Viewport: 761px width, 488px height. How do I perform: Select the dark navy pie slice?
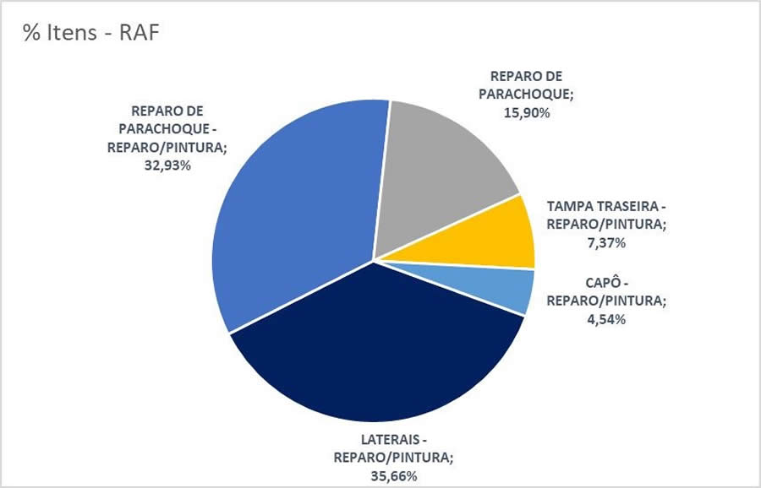[372, 355]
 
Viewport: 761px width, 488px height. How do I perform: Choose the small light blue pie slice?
[507, 289]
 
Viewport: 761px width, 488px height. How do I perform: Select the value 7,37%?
[606, 242]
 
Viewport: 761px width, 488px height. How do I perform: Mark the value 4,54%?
[606, 319]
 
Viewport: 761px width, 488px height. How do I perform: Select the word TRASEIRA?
[629, 206]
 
